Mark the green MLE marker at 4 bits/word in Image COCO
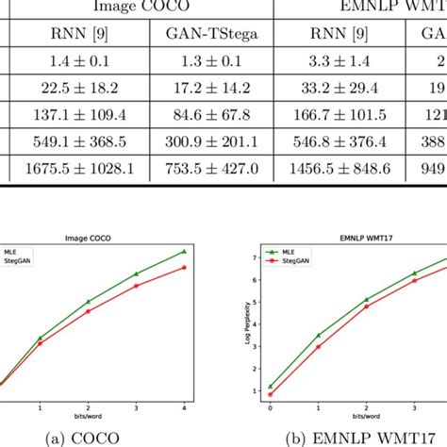pyautogui.click(x=184, y=252)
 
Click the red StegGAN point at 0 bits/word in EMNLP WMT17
pyautogui.click(x=270, y=394)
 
